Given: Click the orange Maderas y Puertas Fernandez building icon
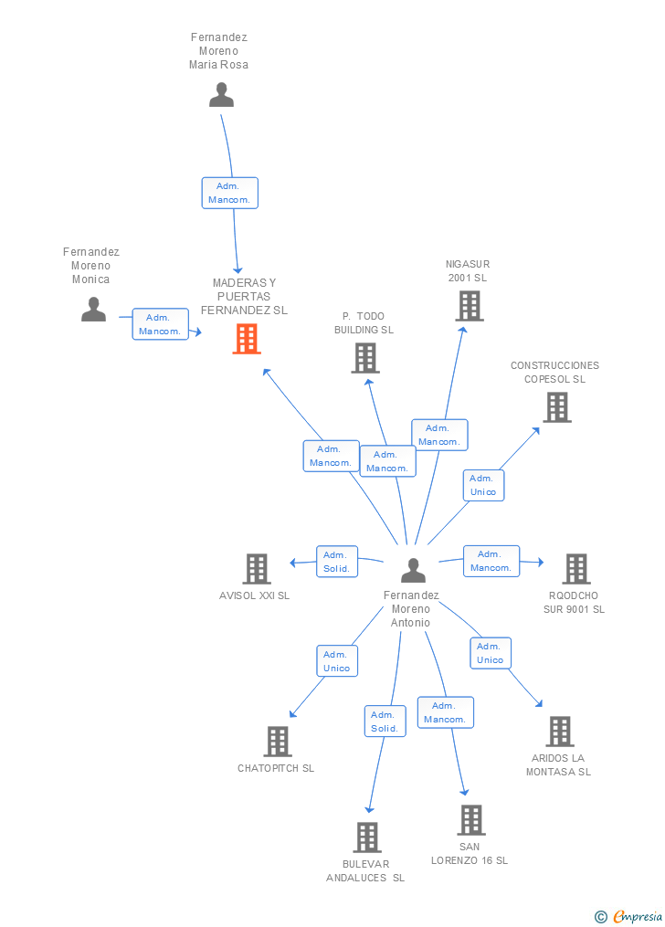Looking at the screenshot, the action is pos(247,339).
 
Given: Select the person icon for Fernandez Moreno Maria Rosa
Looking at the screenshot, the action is pos(222,95).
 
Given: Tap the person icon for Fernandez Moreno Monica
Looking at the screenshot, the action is pos(93,310).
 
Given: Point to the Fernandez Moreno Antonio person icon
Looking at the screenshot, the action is pos(413,571).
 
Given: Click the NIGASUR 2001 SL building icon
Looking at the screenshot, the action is pos(470,306).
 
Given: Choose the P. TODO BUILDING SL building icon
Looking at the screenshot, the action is pos(365,358).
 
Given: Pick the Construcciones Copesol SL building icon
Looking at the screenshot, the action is pos(557,407).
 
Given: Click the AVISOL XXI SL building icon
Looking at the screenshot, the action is pos(257,569).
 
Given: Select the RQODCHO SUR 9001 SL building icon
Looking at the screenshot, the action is pos(575,569).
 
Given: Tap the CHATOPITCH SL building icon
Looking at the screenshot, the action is pos(277,742).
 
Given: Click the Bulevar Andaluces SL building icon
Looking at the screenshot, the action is pos(367,837).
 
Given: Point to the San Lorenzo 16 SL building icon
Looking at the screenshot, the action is pos(471,820).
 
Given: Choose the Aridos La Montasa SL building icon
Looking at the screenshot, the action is pos(559,732).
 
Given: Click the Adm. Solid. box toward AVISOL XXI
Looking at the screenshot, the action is pos(337,562).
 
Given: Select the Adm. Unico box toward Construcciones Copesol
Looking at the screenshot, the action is pos(483,485).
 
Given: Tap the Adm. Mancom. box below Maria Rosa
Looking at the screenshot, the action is pos(230,193).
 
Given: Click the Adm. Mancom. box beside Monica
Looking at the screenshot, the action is pos(160,324).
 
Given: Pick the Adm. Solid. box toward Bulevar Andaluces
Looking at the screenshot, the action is pos(385,722).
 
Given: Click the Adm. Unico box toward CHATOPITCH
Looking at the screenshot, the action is pos(337,661).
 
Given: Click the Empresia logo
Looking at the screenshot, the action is pos(629,917).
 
